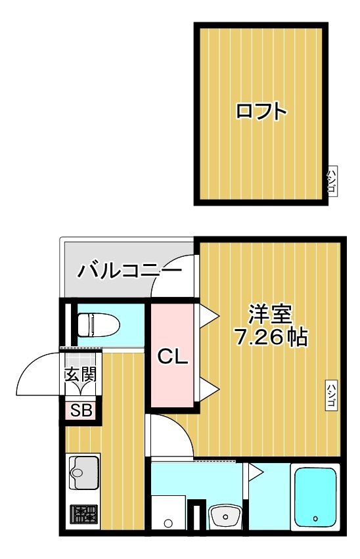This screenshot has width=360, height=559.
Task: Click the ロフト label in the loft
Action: click(x=261, y=112)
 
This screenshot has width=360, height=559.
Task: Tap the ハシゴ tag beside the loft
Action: click(x=332, y=180)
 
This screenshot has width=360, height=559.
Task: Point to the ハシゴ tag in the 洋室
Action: click(x=331, y=395)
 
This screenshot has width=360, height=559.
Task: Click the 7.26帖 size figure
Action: click(x=271, y=338)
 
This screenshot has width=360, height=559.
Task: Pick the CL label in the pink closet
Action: click(x=173, y=358)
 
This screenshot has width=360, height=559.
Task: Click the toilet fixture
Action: click(x=97, y=324)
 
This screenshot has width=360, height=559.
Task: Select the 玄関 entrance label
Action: click(x=80, y=376)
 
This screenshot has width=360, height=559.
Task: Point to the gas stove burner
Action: click(x=83, y=514)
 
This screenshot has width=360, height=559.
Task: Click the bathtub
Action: click(x=315, y=496)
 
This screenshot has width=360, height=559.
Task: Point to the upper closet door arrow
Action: click(x=208, y=316)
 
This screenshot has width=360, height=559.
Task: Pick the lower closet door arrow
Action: click(x=208, y=388)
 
